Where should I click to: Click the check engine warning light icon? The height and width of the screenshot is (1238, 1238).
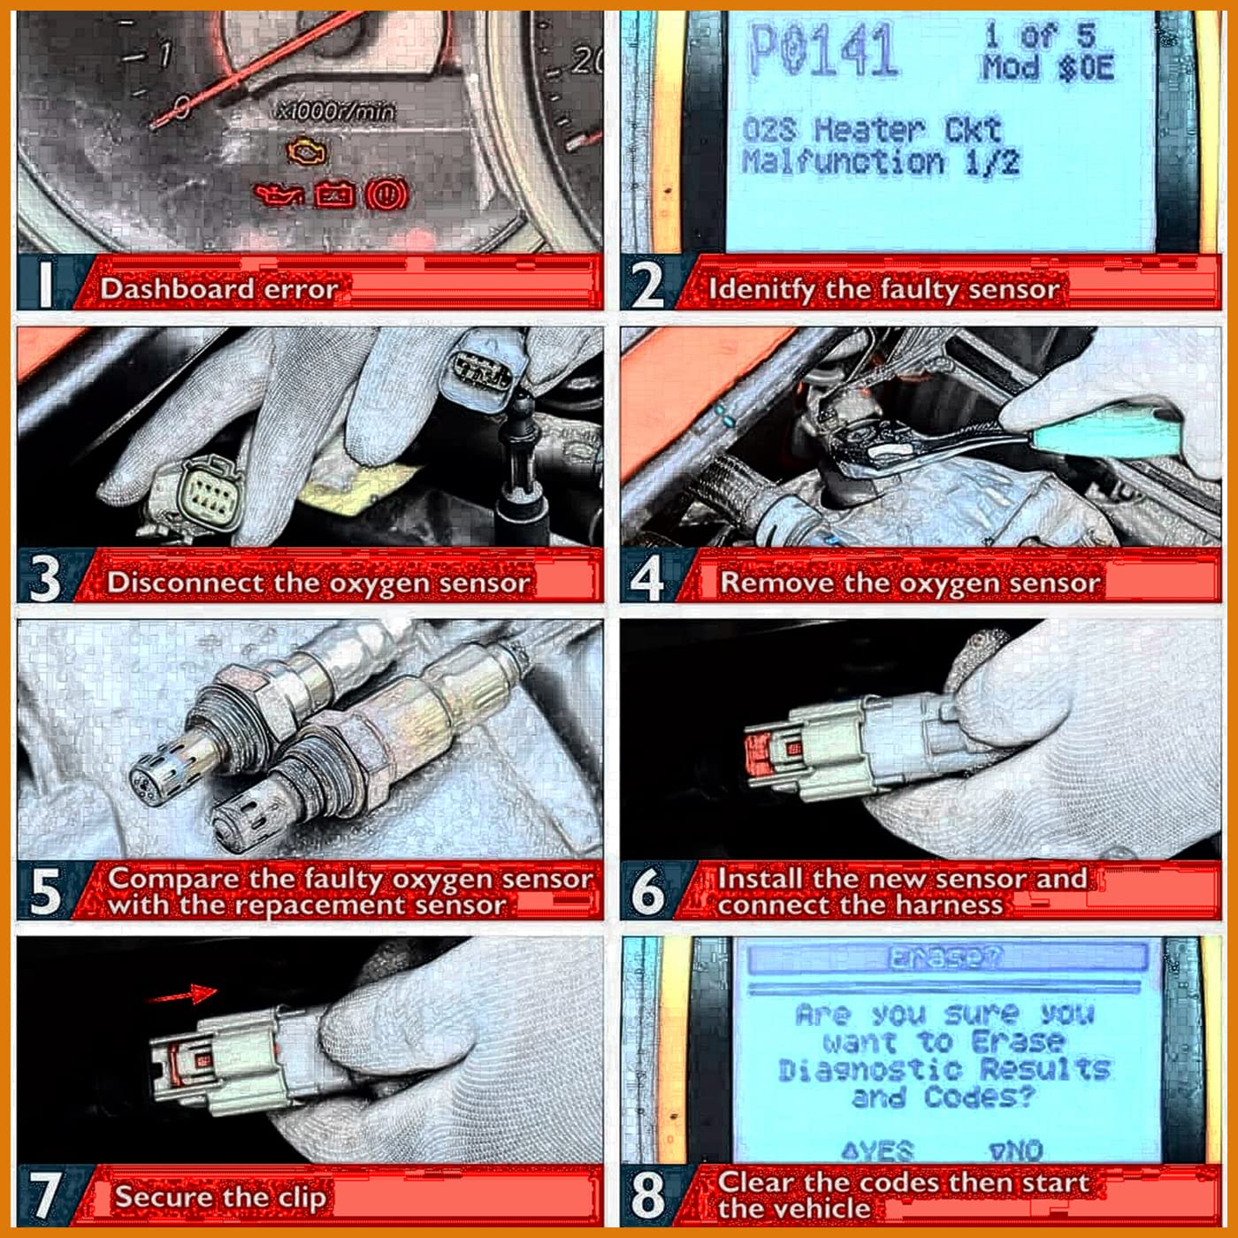tap(305, 152)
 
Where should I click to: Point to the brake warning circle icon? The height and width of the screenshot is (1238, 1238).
tap(386, 194)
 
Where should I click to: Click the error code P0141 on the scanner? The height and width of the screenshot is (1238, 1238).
tap(822, 50)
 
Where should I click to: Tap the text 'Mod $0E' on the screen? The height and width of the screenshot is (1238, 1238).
tap(1047, 67)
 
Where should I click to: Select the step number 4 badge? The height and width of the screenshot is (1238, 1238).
tap(647, 578)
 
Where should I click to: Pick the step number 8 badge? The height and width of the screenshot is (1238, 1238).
tap(647, 1194)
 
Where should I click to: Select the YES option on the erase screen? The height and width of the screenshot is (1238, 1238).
tap(877, 1150)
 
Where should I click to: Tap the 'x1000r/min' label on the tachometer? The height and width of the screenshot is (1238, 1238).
tap(336, 111)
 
